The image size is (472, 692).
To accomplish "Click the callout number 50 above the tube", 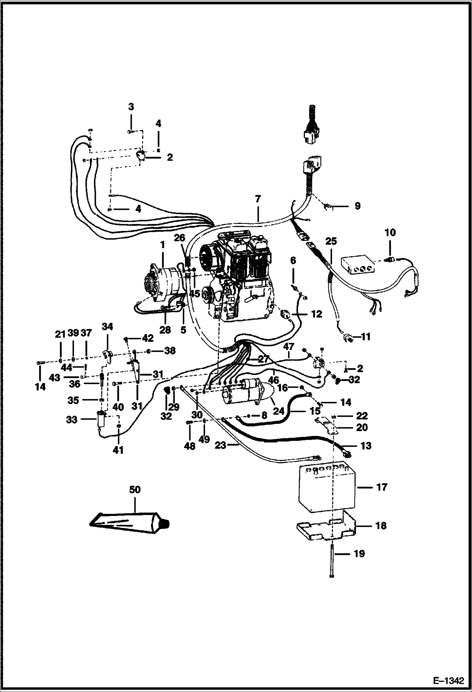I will coord(135,490).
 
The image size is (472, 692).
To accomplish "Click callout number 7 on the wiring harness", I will coord(258,199).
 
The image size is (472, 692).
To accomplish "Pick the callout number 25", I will coord(331,241).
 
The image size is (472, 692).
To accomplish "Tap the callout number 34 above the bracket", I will coord(107,326).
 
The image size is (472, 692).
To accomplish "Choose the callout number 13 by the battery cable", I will coord(365,446).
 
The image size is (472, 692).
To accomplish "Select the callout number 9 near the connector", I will coord(357,206).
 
